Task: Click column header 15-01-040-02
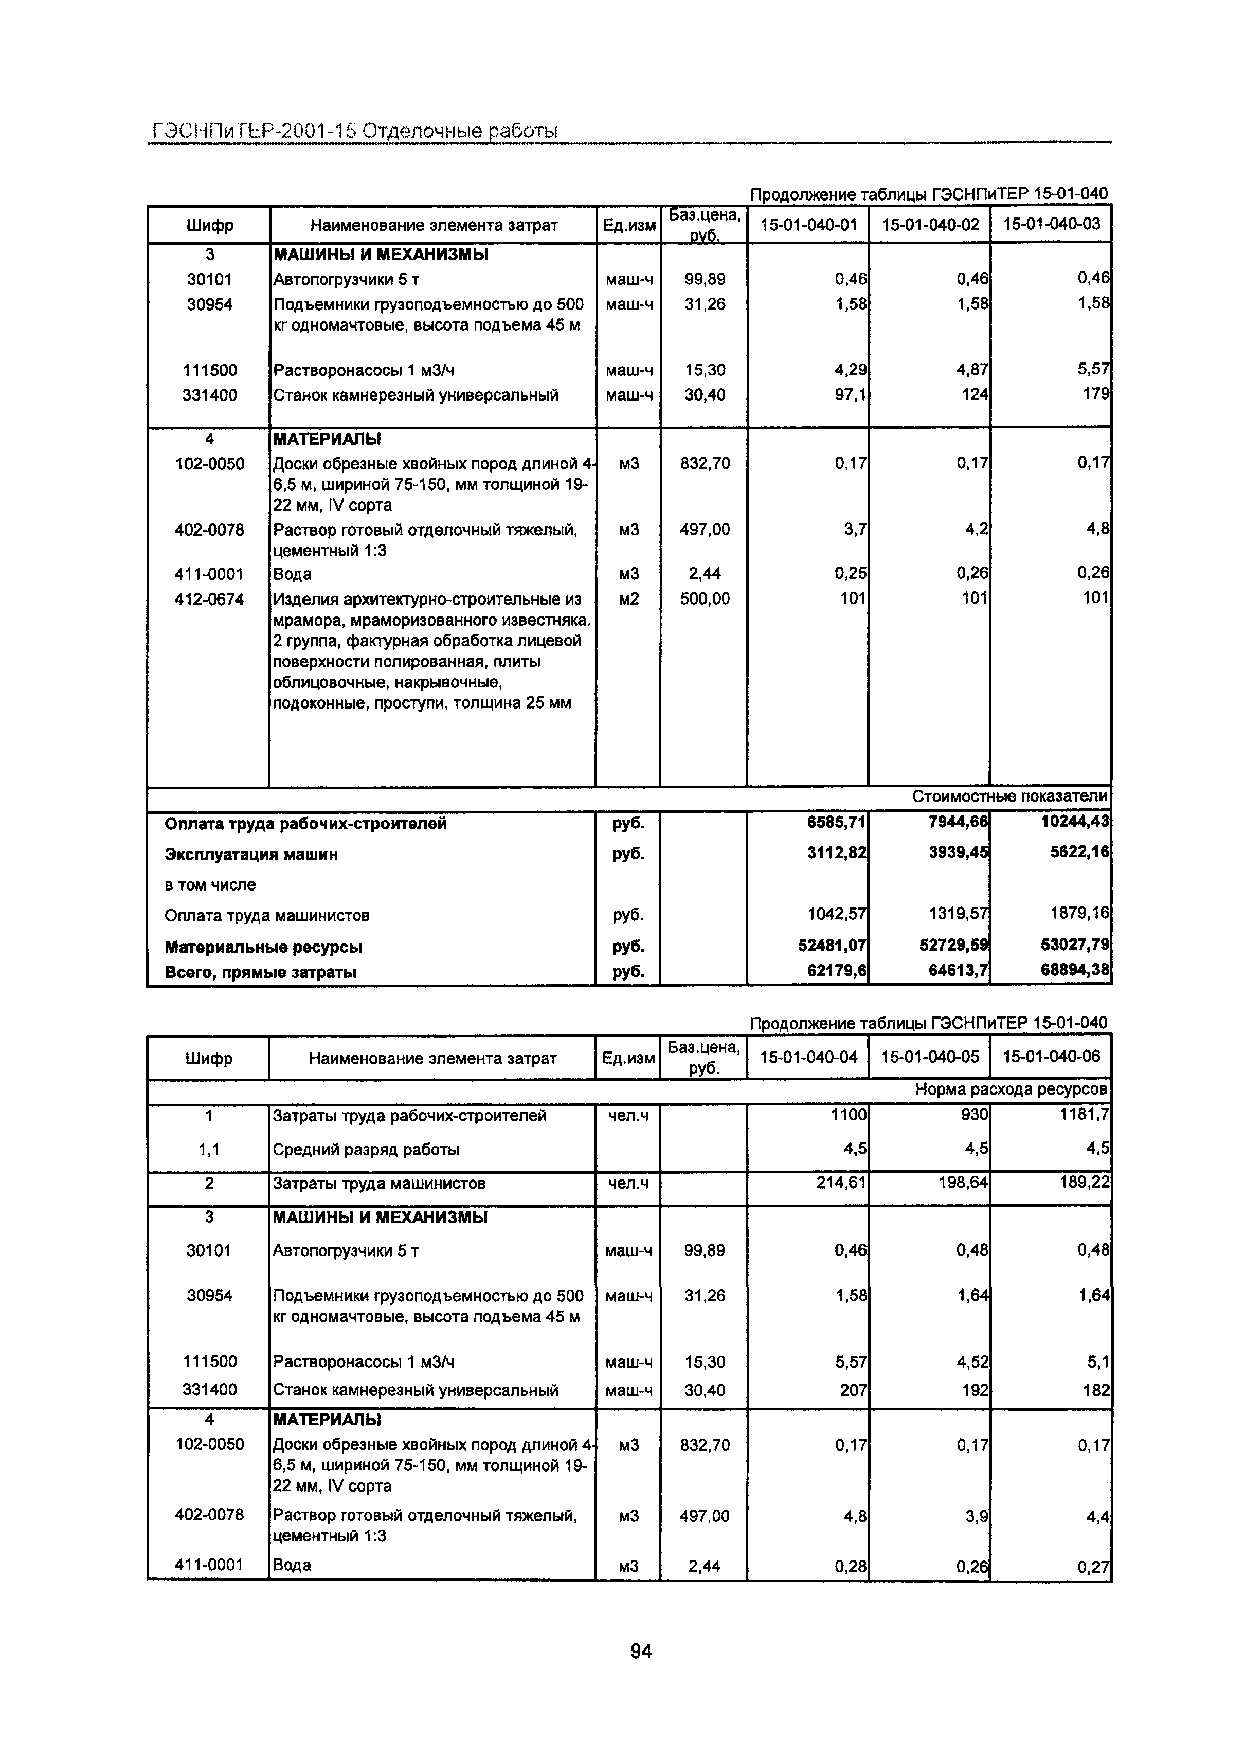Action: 930,225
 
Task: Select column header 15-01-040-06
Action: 1051,1057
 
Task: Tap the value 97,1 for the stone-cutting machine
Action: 851,395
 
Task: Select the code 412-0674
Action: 209,599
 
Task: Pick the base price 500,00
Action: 704,598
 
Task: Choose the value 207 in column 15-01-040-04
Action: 853,1390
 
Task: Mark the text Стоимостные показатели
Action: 1009,797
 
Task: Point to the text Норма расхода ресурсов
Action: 1011,1089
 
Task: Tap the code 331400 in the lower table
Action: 209,1389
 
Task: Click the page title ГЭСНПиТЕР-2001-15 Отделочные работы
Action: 354,131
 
